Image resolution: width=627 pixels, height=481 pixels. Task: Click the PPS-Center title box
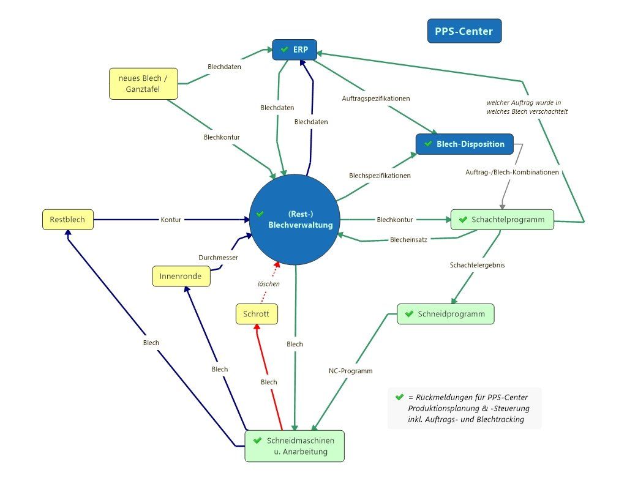click(464, 31)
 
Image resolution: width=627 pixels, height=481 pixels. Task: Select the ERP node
click(295, 50)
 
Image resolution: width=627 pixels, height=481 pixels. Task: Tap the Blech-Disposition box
click(465, 144)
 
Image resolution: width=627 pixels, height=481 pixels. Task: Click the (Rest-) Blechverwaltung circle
click(295, 219)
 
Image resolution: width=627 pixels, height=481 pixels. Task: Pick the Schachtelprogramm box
click(502, 219)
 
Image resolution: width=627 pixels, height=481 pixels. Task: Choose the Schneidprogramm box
click(446, 314)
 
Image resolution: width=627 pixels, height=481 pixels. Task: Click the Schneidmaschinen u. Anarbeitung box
click(295, 446)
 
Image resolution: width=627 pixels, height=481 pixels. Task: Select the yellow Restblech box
click(68, 219)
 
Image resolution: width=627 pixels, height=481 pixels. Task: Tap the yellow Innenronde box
click(181, 276)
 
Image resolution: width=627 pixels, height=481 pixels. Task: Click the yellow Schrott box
click(257, 314)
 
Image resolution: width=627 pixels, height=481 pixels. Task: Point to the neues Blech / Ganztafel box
click(143, 83)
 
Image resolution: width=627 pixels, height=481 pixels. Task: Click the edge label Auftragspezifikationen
click(376, 99)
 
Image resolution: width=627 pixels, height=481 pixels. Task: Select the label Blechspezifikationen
click(380, 176)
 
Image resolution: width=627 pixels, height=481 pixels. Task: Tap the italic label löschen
click(269, 284)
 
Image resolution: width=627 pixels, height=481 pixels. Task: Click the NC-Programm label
click(351, 371)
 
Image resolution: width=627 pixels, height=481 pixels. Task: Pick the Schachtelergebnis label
click(477, 265)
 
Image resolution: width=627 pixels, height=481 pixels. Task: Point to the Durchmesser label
click(219, 258)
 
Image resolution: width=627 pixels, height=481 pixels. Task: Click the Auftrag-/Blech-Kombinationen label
click(512, 172)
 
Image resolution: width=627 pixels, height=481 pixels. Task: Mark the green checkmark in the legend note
click(399, 397)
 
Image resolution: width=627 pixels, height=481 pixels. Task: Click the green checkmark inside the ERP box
click(285, 49)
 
